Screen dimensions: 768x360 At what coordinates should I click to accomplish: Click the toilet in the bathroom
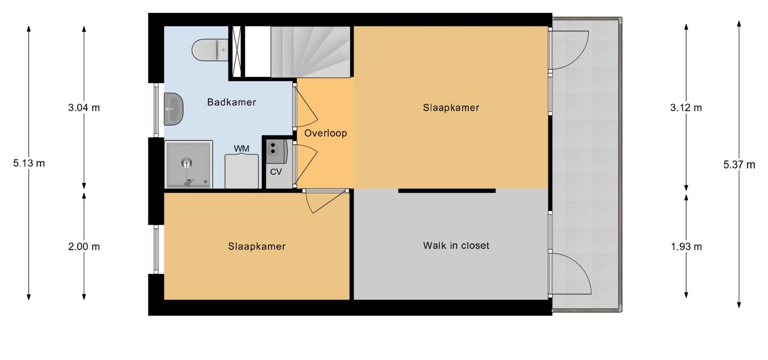[210, 50]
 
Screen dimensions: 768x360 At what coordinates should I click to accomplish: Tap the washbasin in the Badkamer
[174, 108]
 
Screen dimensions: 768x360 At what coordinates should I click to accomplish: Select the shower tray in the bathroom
[188, 164]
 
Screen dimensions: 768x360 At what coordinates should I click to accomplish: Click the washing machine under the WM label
[242, 171]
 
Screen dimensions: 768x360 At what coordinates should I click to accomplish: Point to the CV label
[276, 172]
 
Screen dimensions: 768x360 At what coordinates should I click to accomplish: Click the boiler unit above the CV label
[276, 151]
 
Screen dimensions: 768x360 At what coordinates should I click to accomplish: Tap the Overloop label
[326, 133]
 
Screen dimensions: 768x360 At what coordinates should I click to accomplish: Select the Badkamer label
[232, 102]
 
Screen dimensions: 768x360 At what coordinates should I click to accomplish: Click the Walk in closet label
[456, 246]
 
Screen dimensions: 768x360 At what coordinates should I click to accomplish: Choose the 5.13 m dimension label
[29, 163]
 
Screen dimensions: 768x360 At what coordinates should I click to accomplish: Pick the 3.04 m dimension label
[84, 108]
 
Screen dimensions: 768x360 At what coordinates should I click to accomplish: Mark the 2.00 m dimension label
[84, 246]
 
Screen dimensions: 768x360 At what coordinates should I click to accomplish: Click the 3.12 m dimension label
[686, 108]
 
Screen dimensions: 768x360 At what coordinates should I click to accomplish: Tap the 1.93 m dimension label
[686, 246]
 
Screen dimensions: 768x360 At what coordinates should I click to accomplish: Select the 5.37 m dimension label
[739, 164]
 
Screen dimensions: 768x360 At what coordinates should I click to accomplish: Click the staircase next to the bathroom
[311, 52]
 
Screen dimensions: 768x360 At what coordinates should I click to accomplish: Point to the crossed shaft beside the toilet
[236, 51]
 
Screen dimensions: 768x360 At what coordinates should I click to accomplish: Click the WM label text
[242, 149]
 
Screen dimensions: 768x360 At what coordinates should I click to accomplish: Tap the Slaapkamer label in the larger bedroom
[451, 108]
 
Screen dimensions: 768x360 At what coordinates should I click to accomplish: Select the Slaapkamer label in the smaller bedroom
[257, 246]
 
